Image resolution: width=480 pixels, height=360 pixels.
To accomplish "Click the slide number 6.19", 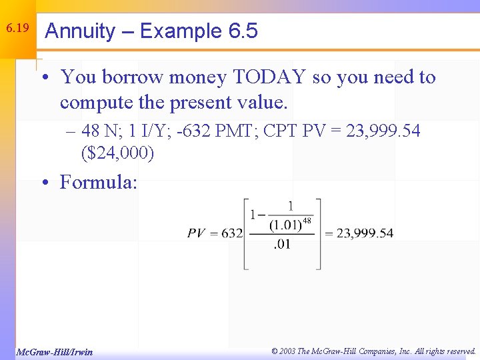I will pyautogui.click(x=17, y=29).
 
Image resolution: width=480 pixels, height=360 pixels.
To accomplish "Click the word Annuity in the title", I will pyautogui.click(x=79, y=31).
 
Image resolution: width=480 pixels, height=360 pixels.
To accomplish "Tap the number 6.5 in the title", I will pyautogui.click(x=243, y=31).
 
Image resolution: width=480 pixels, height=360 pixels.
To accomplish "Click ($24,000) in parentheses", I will pyautogui.click(x=117, y=153).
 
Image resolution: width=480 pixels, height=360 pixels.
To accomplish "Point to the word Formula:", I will pyautogui.click(x=99, y=181).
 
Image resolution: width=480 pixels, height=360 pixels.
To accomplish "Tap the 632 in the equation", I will pyautogui.click(x=232, y=233).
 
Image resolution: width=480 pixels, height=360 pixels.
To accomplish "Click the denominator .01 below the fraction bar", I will pyautogui.click(x=283, y=245).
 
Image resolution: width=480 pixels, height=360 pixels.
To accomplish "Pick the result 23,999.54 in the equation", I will pyautogui.click(x=365, y=233).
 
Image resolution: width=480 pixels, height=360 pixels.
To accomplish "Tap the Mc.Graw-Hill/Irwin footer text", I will pyautogui.click(x=54, y=352).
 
